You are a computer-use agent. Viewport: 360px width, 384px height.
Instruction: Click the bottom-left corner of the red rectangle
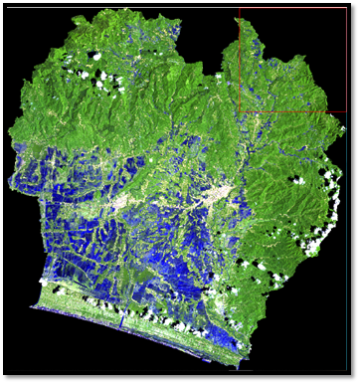click(239, 112)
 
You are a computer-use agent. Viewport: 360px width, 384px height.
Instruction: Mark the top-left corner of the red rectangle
click(239, 11)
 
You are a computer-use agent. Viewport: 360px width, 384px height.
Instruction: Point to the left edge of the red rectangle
click(239, 62)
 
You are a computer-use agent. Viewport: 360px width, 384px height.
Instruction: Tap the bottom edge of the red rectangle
click(293, 112)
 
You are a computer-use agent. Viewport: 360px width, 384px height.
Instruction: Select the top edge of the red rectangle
click(293, 11)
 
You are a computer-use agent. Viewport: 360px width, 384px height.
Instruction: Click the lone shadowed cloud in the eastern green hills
click(295, 181)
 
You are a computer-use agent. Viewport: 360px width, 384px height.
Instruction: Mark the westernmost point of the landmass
click(7, 134)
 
